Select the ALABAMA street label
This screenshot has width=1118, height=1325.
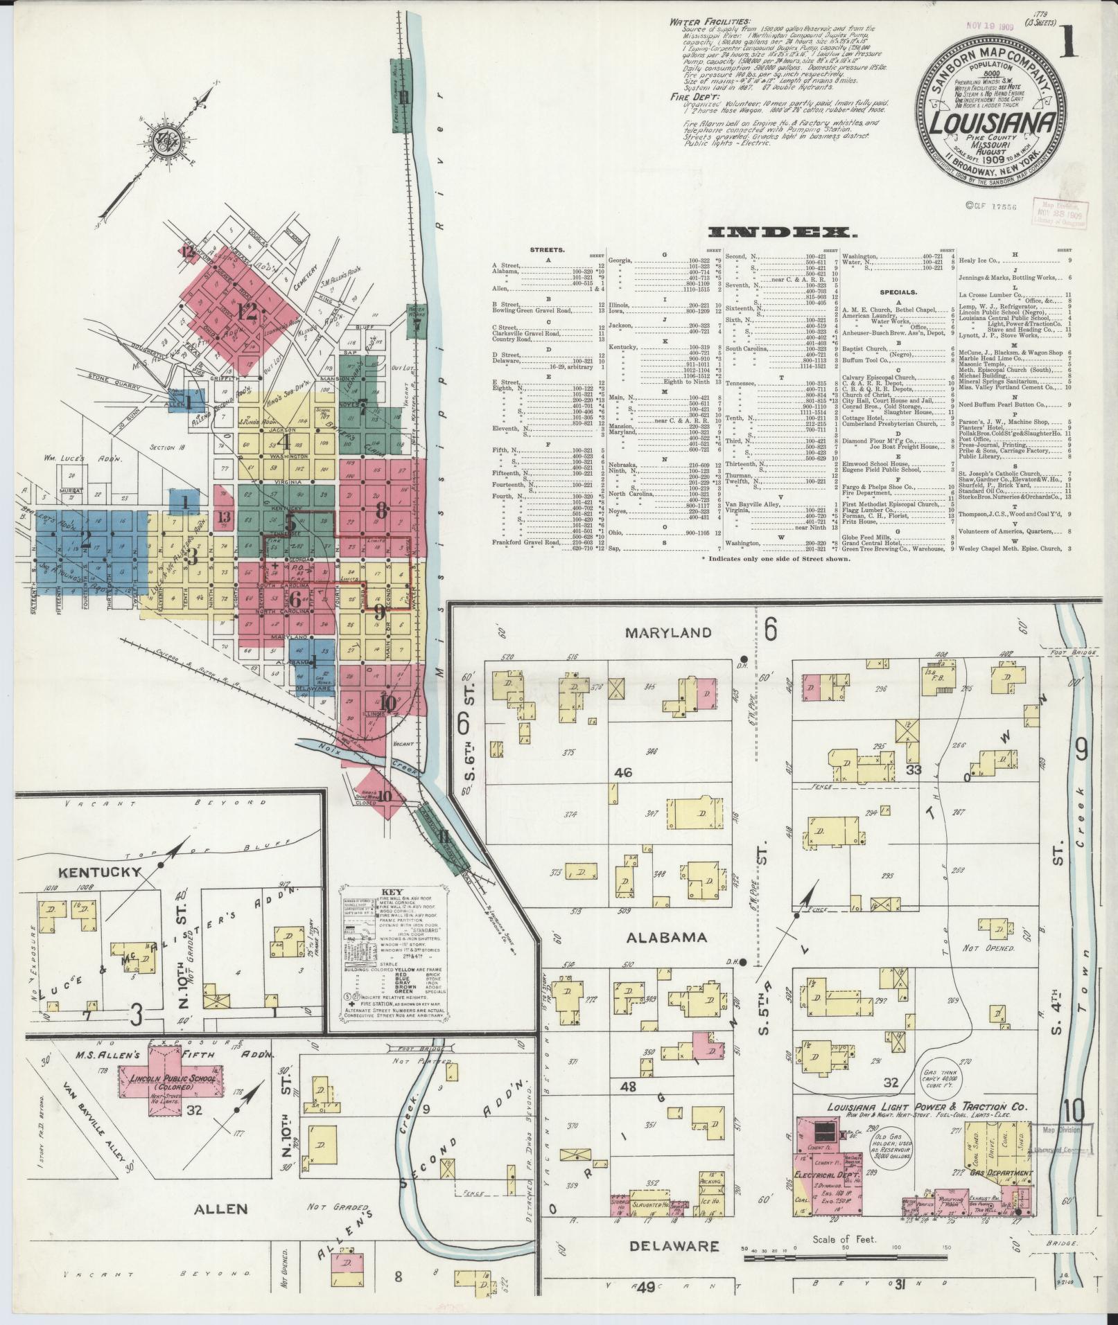pos(666,937)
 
